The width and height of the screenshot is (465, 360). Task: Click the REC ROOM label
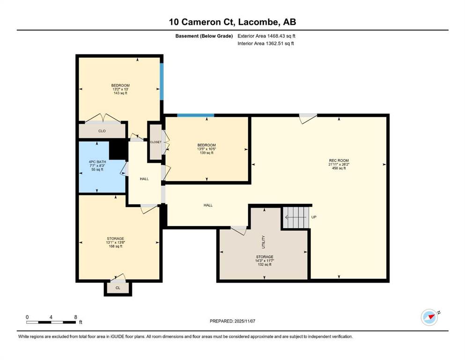(339, 160)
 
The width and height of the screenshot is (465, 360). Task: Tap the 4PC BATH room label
(97, 162)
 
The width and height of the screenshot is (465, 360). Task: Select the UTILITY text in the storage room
(263, 242)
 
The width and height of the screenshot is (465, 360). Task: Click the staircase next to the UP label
(296, 217)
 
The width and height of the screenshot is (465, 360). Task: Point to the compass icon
(429, 317)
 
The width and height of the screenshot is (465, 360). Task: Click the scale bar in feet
(51, 322)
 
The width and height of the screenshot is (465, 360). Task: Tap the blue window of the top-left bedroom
(162, 82)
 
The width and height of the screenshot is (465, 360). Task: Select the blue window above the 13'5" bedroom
(195, 115)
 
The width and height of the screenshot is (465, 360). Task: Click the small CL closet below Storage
(118, 288)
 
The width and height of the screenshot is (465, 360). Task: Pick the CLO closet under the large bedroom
(102, 131)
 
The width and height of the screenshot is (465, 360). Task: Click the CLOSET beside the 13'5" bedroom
(155, 142)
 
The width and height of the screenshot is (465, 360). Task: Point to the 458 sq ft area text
(339, 168)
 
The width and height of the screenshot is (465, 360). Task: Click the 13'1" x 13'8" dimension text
(116, 242)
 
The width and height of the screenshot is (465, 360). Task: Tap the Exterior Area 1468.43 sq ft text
(266, 36)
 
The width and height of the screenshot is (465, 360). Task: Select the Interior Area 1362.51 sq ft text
(266, 43)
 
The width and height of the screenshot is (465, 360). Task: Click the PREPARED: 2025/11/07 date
(232, 321)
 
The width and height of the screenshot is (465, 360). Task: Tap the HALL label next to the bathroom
(144, 179)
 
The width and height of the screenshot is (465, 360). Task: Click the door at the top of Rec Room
(308, 119)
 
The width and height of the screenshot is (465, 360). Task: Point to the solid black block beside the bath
(118, 150)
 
